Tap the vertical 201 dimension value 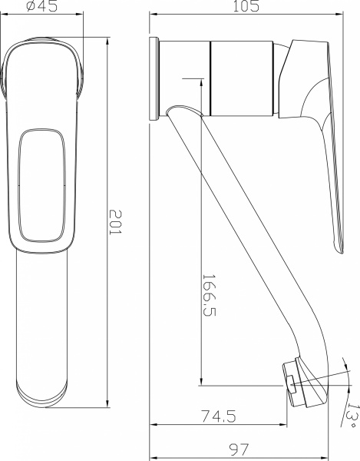[x=115, y=223]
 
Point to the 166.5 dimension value [x=209, y=295]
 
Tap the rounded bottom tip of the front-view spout [x=43, y=393]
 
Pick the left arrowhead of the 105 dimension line [x=151, y=15]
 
